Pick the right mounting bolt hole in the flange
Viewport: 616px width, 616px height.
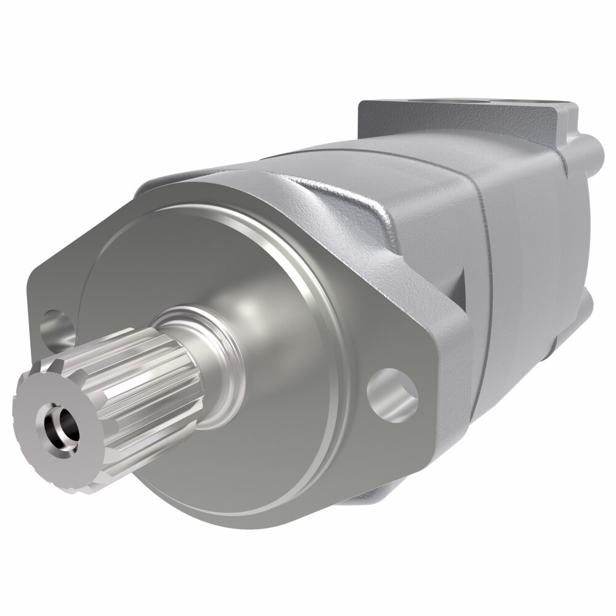pyautogui.click(x=392, y=394)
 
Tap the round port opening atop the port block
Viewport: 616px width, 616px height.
pyautogui.click(x=487, y=100)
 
